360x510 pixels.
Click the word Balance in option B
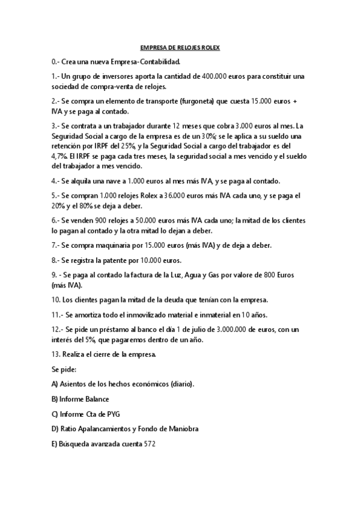pos(97,398)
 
